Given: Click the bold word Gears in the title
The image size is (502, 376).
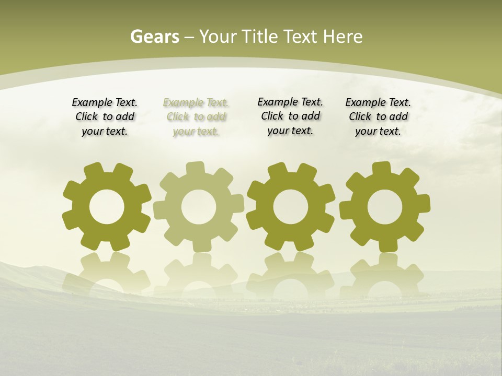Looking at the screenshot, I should (x=154, y=37).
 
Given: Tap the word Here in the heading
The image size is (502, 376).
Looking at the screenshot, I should (x=343, y=37).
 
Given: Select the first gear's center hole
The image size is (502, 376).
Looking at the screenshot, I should (x=107, y=207).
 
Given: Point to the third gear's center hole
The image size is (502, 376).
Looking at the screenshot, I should (x=290, y=207).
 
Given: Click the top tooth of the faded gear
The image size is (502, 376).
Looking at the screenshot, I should (x=195, y=169).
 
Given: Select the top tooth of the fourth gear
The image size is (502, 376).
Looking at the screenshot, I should (x=381, y=169).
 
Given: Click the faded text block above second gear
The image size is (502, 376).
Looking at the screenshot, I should (x=196, y=117).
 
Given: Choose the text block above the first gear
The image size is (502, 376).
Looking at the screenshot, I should (x=105, y=117).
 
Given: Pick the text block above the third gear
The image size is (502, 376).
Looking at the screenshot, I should (x=290, y=116).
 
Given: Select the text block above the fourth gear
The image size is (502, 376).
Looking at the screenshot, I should (x=378, y=117).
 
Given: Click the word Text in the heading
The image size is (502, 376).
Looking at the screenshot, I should (x=300, y=37).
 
